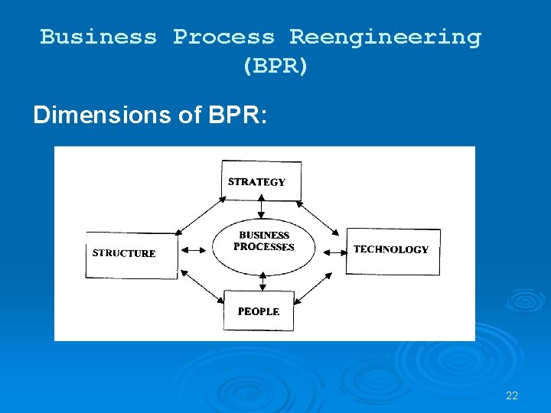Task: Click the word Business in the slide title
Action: [x=98, y=37]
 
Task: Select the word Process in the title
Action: [x=223, y=37]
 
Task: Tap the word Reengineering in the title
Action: [x=385, y=37]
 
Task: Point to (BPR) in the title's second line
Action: [x=275, y=67]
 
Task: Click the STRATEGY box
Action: [x=261, y=180]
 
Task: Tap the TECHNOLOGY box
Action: [x=393, y=250]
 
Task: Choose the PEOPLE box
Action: [x=259, y=311]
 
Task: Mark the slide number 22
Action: [x=512, y=395]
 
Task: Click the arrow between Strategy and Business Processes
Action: [x=262, y=209]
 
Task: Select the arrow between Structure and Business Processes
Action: [x=194, y=249]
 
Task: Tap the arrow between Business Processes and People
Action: [x=262, y=281]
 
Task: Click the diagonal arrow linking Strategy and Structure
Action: [x=200, y=215]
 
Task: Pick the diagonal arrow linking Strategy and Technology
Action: [x=318, y=216]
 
